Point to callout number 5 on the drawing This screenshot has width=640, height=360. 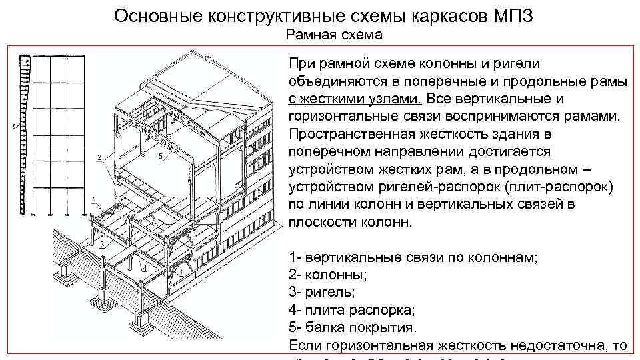(161, 156)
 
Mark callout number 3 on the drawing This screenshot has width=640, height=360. (101, 245)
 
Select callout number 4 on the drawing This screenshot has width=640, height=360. (145, 267)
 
